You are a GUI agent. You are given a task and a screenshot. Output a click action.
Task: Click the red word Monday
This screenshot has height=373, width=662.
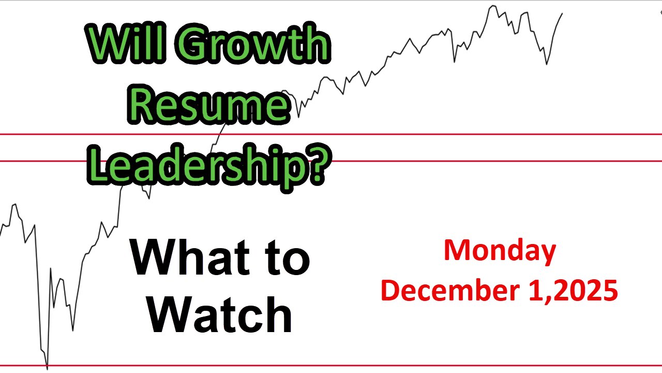pyautogui.click(x=500, y=251)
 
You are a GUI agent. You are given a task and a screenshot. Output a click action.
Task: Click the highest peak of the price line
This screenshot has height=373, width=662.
pyautogui.click(x=492, y=6)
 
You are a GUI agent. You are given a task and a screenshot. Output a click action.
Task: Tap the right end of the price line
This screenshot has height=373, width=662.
pyautogui.click(x=562, y=13)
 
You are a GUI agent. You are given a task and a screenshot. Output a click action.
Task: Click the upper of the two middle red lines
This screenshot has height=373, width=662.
pyautogui.click(x=465, y=134)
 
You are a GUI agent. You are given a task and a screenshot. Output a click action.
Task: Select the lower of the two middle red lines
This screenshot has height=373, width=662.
pyautogui.click(x=465, y=161)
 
